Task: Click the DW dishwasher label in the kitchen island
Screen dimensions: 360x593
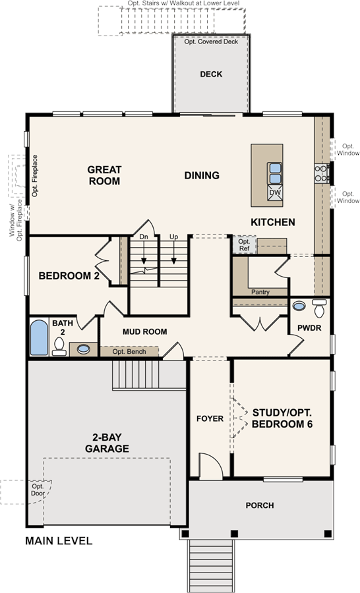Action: pyautogui.click(x=275, y=192)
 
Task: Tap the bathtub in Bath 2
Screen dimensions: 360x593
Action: pyautogui.click(x=39, y=338)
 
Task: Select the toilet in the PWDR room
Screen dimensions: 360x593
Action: pyautogui.click(x=320, y=308)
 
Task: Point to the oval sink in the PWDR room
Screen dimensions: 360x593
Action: pyautogui.click(x=299, y=306)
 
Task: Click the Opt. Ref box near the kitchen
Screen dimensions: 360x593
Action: pyautogui.click(x=244, y=244)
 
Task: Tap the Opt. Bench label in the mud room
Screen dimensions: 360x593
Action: pyautogui.click(x=129, y=352)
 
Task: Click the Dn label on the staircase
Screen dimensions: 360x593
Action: pyautogui.click(x=144, y=237)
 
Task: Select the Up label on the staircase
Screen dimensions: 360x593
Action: pyautogui.click(x=174, y=237)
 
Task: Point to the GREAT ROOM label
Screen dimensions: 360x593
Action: pyautogui.click(x=104, y=175)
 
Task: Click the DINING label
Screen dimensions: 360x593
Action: pyautogui.click(x=202, y=175)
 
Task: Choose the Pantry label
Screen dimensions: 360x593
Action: pyautogui.click(x=260, y=292)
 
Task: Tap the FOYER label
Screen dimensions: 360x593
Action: pyautogui.click(x=210, y=418)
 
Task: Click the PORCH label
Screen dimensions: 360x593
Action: pyautogui.click(x=260, y=505)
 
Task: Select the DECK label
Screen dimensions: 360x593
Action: pyautogui.click(x=211, y=74)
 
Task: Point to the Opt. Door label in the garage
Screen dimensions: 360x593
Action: pyautogui.click(x=38, y=490)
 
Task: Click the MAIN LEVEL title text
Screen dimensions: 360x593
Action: pyautogui.click(x=59, y=541)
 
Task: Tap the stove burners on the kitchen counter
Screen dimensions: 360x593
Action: pyautogui.click(x=322, y=173)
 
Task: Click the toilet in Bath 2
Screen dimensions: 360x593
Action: pyautogui.click(x=59, y=347)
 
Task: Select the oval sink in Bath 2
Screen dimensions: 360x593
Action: pyautogui.click(x=83, y=349)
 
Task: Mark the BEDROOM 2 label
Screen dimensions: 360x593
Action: pyautogui.click(x=69, y=275)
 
